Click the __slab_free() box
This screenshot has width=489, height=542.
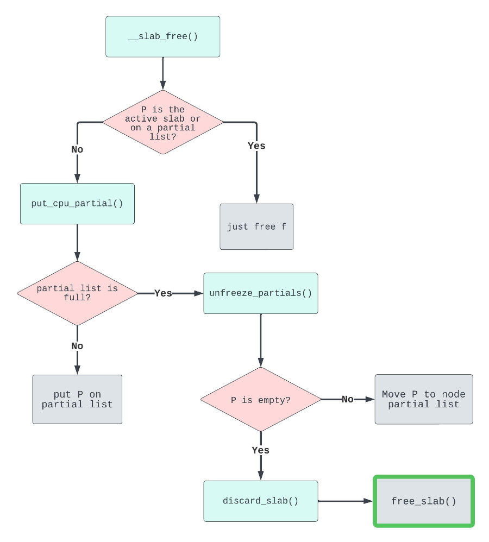coord(162,36)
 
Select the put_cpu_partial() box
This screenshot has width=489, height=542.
coord(77,204)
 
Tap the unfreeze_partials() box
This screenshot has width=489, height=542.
coord(261,293)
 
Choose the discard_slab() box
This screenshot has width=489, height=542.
coord(261,501)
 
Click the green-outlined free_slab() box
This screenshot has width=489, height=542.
coord(424,501)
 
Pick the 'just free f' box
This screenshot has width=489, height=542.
coord(256,226)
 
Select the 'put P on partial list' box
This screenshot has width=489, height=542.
coord(77,399)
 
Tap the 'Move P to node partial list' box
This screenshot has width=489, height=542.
coord(424,399)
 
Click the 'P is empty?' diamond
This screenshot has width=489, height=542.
coord(261,400)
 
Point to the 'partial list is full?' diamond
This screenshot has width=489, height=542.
coord(77,293)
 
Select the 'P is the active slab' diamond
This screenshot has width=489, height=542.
coord(163,122)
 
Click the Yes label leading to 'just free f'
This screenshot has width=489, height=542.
coord(256,146)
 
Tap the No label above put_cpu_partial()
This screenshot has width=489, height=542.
coord(77,149)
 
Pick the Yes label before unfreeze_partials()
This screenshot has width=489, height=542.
coord(163,293)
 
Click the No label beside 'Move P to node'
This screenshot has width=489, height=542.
coord(348,400)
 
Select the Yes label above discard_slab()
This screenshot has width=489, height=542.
coord(261,450)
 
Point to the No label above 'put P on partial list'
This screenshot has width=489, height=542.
coord(77,346)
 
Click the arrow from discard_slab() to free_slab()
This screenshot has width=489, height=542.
coord(345,501)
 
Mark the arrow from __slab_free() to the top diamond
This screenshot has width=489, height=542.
coord(162,73)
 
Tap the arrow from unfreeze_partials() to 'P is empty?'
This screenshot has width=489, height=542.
coord(261,339)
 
